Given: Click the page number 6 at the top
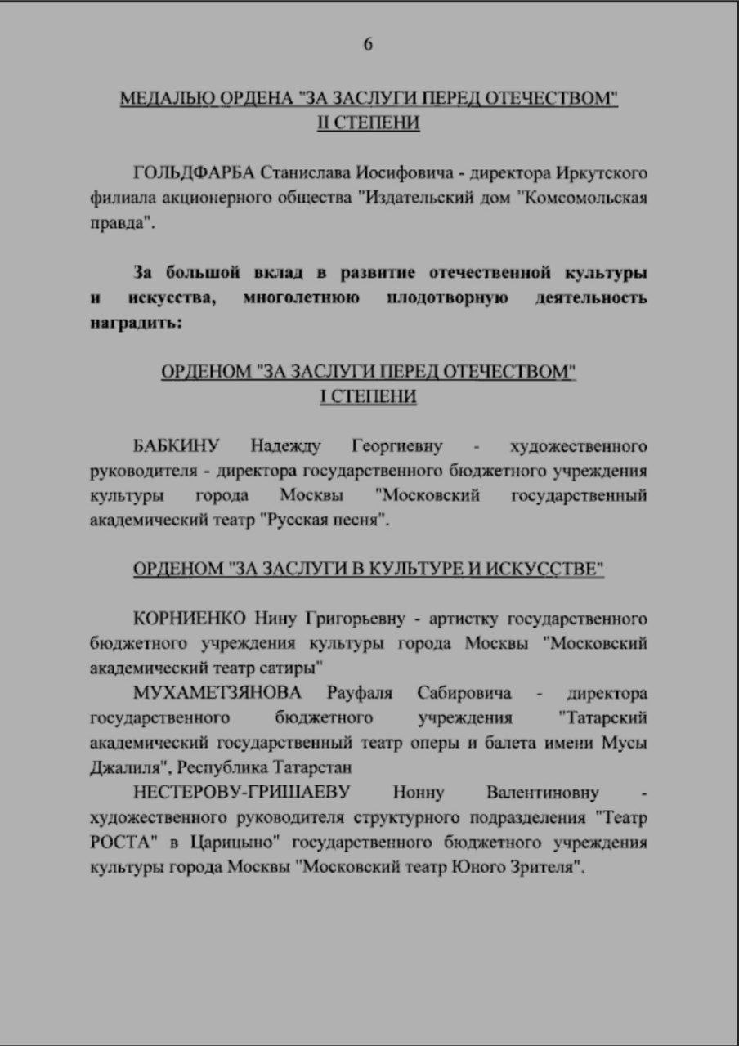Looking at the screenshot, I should click(x=368, y=44).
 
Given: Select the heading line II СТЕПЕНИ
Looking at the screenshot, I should click(x=369, y=123).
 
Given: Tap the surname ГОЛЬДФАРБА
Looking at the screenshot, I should click(x=193, y=174).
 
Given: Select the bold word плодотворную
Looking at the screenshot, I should click(x=446, y=297).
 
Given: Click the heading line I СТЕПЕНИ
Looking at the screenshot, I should click(x=368, y=396).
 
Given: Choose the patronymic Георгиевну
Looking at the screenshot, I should click(x=396, y=446).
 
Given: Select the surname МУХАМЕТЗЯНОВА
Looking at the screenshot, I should click(x=217, y=693).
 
